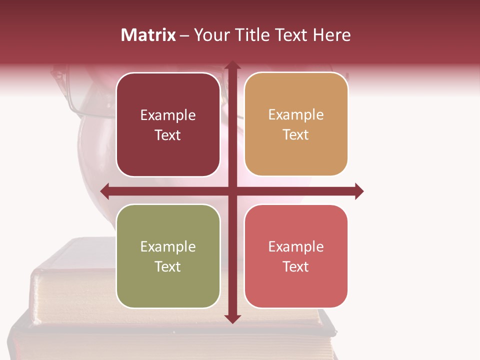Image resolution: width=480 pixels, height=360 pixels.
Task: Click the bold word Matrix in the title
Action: (148, 35)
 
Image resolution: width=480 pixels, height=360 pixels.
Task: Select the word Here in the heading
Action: (331, 35)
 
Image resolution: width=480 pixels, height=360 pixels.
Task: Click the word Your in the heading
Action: (211, 35)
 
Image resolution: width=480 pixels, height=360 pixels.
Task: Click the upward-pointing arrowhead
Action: (232, 65)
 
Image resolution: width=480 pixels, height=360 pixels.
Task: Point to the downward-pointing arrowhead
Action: (232, 318)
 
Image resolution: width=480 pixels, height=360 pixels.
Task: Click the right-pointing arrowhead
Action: (358, 191)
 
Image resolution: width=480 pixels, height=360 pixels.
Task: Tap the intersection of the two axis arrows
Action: (232, 191)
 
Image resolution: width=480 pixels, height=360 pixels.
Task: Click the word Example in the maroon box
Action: (168, 115)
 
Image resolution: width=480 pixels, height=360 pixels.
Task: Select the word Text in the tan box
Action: (296, 135)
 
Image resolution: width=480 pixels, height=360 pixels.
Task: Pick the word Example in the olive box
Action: (168, 247)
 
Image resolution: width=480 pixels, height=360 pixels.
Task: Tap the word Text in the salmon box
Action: (296, 266)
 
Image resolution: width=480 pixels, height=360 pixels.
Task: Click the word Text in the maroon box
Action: (168, 135)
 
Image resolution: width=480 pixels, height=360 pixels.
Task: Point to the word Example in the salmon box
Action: (296, 246)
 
